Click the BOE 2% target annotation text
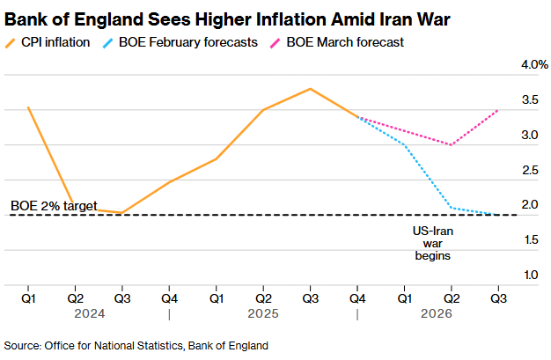coord(54,206)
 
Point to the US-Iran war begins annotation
coord(432,243)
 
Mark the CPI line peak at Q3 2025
coord(310,89)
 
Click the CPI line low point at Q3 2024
coord(121,213)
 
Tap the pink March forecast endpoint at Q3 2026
coord(499,110)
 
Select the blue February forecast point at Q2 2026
coord(452,208)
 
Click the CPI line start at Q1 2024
coord(28,107)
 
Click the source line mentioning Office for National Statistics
coord(136,344)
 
